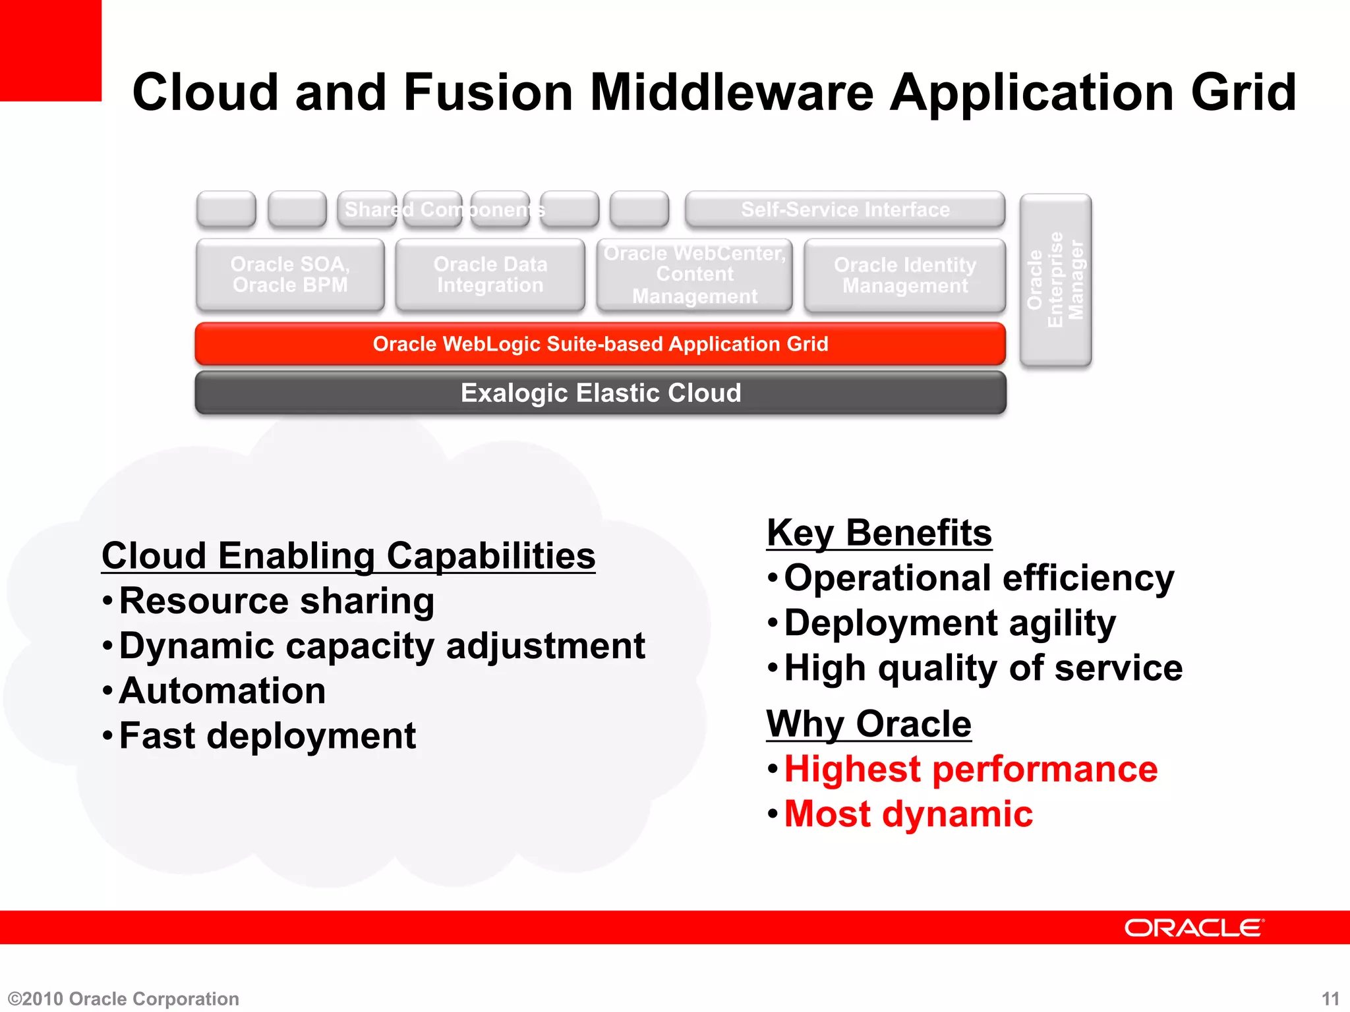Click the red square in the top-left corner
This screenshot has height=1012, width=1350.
pos(50,50)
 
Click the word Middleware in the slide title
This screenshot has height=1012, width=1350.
pos(732,92)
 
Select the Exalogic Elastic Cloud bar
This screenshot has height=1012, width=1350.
pos(600,393)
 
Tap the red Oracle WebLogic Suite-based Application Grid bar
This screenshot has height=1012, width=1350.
pos(600,344)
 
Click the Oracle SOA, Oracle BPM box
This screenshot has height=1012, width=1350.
pos(290,275)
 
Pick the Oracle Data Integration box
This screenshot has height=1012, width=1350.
pos(490,275)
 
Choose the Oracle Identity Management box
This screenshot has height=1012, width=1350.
pos(904,275)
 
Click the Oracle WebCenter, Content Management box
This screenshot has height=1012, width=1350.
pos(694,275)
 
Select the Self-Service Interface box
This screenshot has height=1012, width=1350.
pos(845,210)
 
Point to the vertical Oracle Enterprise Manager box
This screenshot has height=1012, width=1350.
pos(1055,279)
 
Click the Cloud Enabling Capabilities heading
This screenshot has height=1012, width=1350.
pos(348,555)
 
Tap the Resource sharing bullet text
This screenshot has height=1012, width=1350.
pos(276,601)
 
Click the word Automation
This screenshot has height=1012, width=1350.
pos(222,690)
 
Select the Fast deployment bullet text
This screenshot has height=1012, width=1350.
pos(267,735)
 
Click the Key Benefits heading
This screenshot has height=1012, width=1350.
pos(879,532)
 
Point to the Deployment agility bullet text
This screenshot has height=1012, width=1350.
pos(949,623)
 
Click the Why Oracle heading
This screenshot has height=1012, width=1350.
pos(868,723)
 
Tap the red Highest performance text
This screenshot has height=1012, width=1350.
pos(970,769)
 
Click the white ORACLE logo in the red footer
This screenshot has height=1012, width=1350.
pos(1194,928)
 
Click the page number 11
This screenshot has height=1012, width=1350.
pos(1330,999)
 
